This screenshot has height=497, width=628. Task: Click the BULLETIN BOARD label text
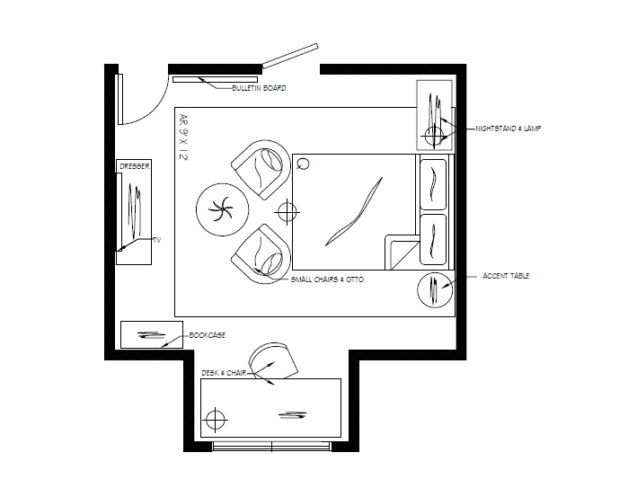tap(259, 88)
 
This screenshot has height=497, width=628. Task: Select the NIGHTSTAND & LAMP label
tap(509, 129)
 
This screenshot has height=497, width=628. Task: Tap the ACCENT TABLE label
tap(506, 276)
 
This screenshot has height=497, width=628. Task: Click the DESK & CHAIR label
tap(223, 372)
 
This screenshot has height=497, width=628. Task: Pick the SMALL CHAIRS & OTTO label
tap(326, 280)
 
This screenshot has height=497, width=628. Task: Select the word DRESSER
tap(133, 166)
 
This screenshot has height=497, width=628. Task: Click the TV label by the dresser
tap(156, 240)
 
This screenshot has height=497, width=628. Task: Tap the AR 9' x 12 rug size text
tap(183, 138)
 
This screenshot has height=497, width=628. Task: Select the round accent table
tap(435, 290)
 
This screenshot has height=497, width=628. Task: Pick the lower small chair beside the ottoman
tap(261, 253)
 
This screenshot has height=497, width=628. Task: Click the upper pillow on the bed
tap(433, 183)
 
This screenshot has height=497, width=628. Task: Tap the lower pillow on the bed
tap(433, 239)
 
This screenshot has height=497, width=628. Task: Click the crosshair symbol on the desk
tap(215, 419)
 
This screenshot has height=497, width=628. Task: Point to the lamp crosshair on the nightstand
tap(434, 137)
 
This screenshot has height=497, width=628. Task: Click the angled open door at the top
tap(290, 55)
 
